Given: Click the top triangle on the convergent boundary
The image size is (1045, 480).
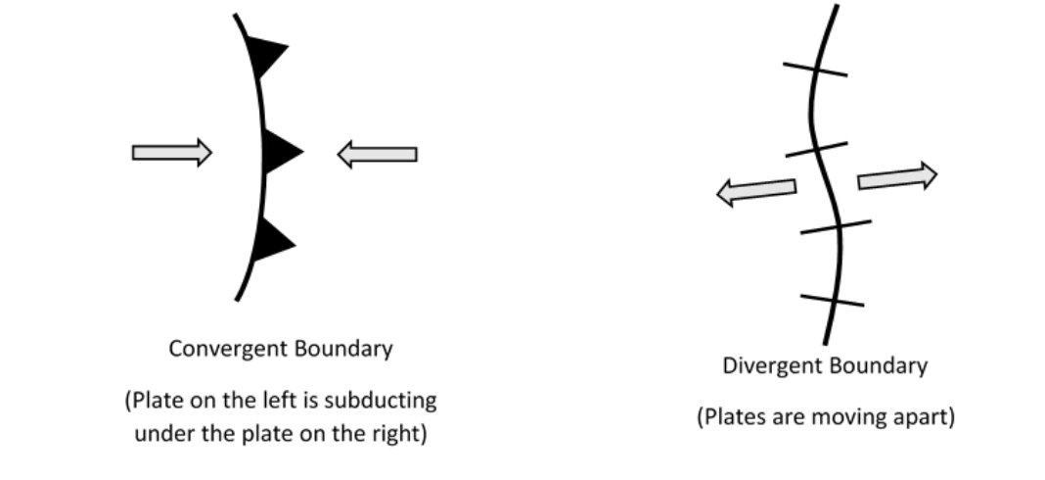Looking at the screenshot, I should (x=266, y=58).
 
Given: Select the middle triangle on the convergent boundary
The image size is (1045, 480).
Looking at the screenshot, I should (x=280, y=152).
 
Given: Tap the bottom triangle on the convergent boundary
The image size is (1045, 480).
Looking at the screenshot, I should (x=272, y=241).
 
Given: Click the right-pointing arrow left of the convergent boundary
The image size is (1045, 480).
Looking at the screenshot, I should (x=172, y=152).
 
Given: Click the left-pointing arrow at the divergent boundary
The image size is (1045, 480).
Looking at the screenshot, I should (x=756, y=190).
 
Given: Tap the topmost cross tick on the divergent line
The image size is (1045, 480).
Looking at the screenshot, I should (x=815, y=69).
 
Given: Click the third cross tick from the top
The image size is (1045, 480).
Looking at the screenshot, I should (x=835, y=227).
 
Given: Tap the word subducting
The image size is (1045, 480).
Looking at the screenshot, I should (x=388, y=402).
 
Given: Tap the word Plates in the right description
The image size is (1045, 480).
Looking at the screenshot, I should (x=732, y=416).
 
